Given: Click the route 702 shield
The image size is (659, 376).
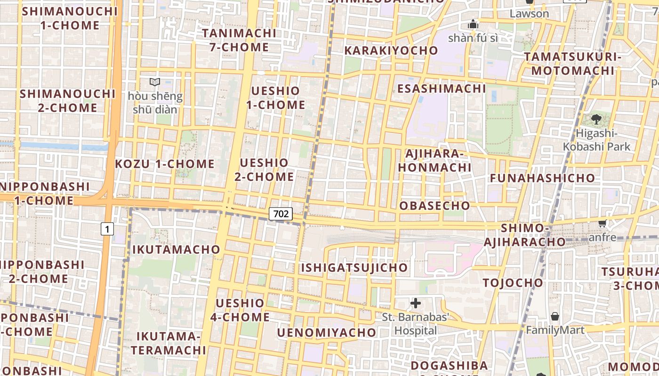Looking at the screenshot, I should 281,214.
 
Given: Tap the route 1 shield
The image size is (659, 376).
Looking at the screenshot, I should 108,229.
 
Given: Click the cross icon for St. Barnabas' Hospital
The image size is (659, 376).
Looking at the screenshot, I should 416,303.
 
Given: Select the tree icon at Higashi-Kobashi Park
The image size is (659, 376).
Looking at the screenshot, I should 596,119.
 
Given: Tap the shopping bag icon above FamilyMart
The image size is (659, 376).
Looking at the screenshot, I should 555,316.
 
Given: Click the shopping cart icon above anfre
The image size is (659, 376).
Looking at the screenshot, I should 602,223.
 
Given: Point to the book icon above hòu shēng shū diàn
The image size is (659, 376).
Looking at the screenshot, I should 155,82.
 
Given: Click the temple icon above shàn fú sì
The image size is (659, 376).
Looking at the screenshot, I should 473,24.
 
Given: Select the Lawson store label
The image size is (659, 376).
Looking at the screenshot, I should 529,13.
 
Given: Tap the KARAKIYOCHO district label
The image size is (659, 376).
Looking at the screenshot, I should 391,50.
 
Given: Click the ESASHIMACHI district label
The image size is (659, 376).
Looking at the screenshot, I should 442,88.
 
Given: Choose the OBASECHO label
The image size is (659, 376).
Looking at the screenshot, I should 434,205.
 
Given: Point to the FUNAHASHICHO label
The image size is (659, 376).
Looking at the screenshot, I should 543,178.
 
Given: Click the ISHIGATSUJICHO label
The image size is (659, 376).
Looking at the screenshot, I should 354,267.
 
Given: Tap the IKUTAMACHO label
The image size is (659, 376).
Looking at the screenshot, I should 176,249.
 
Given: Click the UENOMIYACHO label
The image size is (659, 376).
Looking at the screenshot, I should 327,333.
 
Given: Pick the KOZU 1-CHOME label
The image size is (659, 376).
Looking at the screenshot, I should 165,164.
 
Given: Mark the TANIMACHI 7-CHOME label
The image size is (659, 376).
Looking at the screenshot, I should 239,40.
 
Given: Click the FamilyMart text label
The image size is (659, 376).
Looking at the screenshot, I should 555,330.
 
